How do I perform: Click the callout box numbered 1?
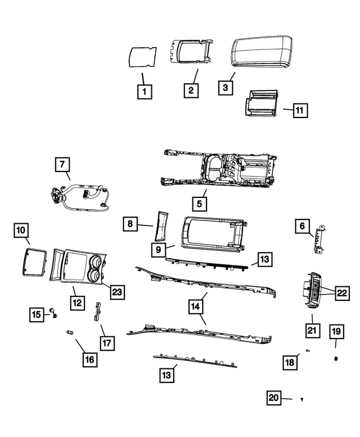coord(145,91)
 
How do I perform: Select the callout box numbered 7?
coord(62,164)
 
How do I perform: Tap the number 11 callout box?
coord(300,110)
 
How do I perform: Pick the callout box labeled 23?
coord(117,292)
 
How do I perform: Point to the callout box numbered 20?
coord(273,398)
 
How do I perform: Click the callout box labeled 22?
coord(342,293)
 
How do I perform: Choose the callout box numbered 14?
coord(195,307)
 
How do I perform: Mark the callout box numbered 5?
coord(200,204)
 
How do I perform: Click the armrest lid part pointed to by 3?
coord(262,52)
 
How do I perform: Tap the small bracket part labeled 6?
coord(320,240)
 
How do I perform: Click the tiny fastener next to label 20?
coord(301,399)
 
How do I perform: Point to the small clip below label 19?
coord(336,359)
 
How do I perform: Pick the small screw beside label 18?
coord(308,350)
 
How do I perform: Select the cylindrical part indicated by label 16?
coord(69,332)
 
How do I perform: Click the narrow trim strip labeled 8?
coord(161,226)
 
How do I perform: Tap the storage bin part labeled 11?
coord(262,102)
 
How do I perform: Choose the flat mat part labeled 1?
coord(142,57)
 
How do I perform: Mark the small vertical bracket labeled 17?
coord(97,312)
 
